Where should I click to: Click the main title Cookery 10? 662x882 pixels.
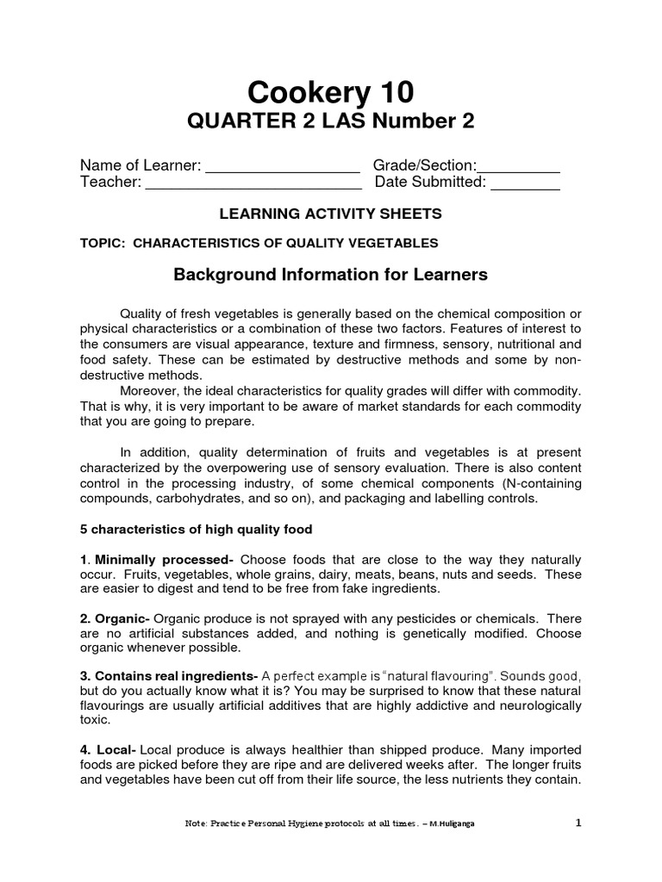331,91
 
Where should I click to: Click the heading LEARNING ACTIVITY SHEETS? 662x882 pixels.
331,213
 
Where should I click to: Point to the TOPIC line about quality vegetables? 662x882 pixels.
259,244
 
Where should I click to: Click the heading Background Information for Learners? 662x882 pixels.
331,275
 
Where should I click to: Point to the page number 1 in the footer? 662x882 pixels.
578,823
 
